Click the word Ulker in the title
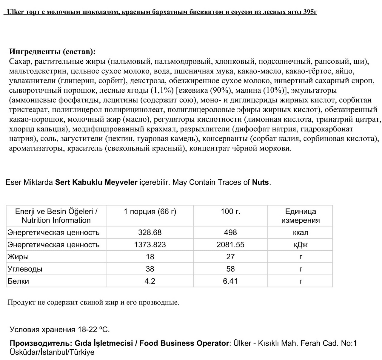15,12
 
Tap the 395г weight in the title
310,12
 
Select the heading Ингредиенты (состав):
53,52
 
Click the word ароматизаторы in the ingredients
36,148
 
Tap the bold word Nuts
260,182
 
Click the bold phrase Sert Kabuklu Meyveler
96,182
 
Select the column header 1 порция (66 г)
150,212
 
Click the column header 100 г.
230,212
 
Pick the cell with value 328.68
150,232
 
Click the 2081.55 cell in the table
230,245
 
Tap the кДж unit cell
300,245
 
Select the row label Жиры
18,257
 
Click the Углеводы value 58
230,269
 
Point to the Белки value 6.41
230,281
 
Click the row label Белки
18,281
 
